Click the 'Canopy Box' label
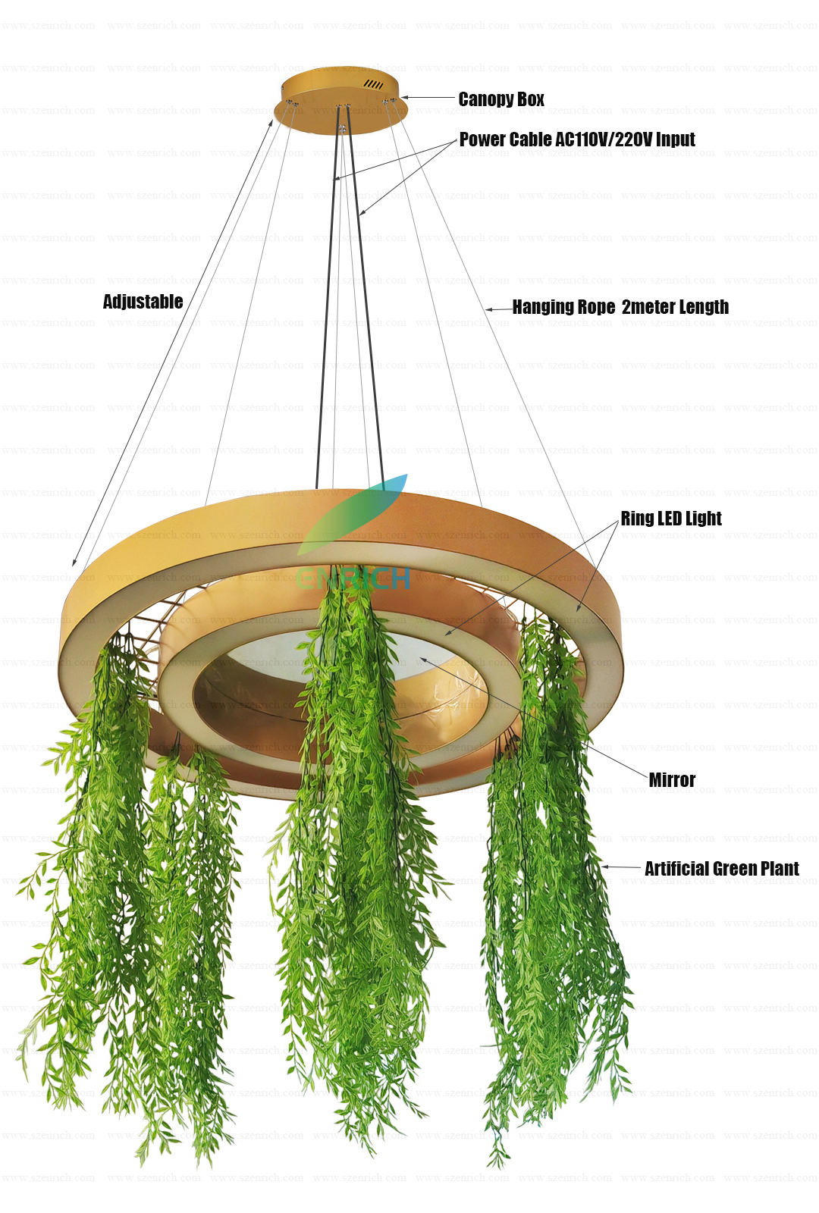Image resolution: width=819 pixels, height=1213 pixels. coord(501,99)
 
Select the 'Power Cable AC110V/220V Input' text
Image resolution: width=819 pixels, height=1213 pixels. coord(577,139)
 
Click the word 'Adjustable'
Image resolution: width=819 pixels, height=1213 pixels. coord(143,302)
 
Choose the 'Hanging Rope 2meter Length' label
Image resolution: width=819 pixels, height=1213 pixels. coord(620,307)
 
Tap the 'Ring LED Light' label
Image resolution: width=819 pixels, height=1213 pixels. coord(671,519)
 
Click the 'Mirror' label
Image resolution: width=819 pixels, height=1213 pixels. coord(672,780)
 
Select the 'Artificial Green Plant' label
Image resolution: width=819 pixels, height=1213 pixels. coord(721,869)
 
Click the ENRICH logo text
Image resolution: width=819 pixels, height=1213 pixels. coord(353,579)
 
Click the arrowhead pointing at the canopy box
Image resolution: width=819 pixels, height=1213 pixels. coord(404,97)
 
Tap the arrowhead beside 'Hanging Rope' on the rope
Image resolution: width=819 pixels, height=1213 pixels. coord(489,309)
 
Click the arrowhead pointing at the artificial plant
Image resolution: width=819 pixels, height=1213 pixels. coord(605,867)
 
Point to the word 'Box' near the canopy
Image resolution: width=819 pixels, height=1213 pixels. coord(531,99)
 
